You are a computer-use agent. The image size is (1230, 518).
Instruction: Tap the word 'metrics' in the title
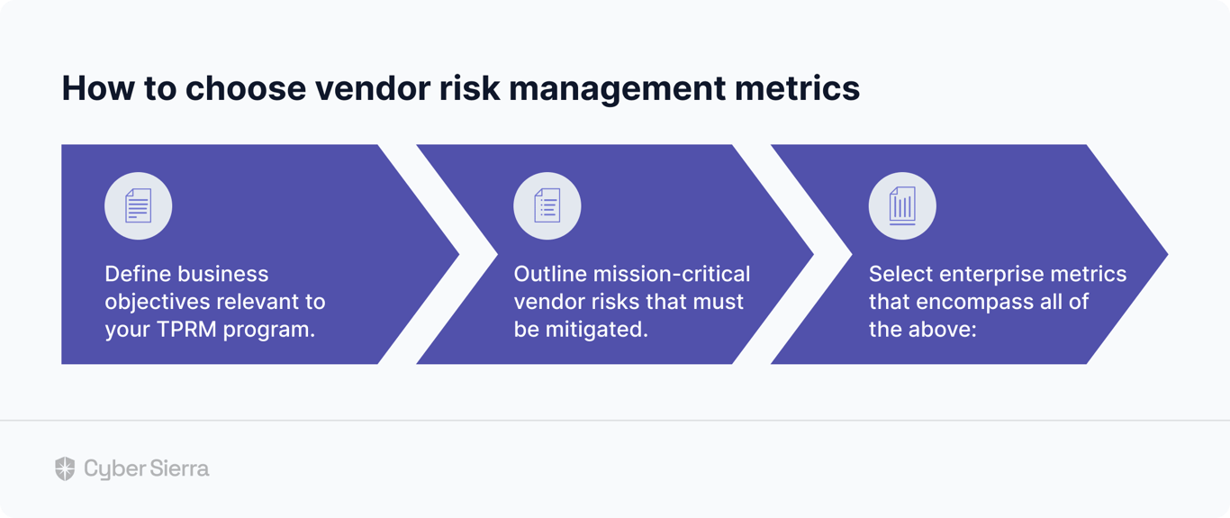(x=797, y=88)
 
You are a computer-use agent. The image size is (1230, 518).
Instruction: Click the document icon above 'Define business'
(x=139, y=206)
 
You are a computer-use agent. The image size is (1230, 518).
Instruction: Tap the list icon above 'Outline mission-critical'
(x=547, y=206)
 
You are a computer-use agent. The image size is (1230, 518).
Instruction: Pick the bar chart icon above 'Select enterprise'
(x=902, y=206)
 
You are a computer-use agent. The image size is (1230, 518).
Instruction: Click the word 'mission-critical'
(x=672, y=274)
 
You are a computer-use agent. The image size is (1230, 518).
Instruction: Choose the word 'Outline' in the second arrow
(x=550, y=274)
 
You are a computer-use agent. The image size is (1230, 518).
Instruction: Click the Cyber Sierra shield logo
(x=65, y=468)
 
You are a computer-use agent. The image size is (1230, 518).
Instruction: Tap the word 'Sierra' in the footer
(x=179, y=468)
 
